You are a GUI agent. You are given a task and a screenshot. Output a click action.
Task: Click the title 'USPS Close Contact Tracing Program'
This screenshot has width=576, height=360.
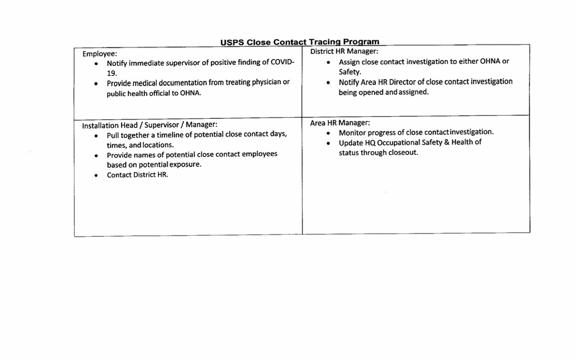300,42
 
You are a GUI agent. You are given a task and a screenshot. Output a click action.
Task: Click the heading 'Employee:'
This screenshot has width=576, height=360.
100,54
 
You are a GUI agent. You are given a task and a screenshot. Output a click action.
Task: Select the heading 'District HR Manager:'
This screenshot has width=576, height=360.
344,51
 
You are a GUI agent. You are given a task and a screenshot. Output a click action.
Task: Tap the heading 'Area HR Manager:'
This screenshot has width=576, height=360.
340,122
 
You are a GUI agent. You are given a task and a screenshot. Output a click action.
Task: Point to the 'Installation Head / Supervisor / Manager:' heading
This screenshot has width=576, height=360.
150,125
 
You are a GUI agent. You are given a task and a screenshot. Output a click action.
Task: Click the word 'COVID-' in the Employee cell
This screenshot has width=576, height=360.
282,62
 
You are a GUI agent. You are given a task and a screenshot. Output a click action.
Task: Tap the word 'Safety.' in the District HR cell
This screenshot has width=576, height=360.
350,72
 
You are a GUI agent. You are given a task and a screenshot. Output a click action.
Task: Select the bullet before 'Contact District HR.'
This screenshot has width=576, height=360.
96,175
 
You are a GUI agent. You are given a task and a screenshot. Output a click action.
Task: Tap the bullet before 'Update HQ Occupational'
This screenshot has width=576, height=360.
328,143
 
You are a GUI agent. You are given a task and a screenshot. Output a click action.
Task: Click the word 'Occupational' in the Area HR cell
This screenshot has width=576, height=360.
399,143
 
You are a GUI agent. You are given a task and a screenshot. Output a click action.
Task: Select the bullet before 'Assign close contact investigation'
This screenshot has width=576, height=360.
328,62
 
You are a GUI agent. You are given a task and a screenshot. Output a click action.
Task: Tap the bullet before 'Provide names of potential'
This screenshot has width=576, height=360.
96,156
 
